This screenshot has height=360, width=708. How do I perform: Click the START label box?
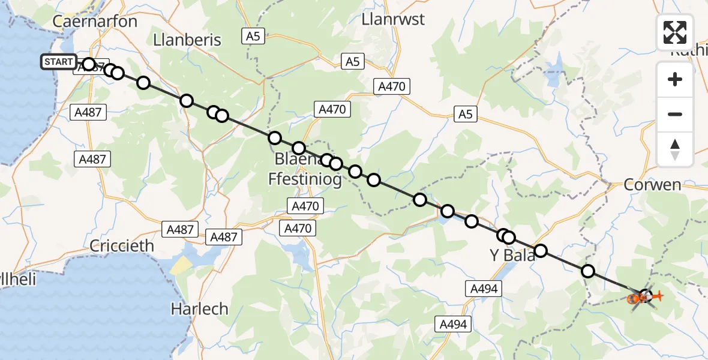(x=59, y=62)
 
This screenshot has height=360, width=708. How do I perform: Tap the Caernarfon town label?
(x=95, y=22)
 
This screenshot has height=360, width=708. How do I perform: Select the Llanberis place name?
(x=187, y=40)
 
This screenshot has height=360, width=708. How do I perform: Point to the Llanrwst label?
(x=393, y=19)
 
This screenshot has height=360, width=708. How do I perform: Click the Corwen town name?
(x=652, y=184)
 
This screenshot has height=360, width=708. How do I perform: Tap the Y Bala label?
(x=512, y=255)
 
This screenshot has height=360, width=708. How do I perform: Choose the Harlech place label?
(x=199, y=309)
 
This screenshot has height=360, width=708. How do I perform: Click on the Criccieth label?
(x=122, y=246)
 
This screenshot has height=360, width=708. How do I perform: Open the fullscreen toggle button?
(x=675, y=32)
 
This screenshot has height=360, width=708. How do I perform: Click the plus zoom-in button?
(x=675, y=79)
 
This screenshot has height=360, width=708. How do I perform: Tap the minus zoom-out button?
(x=675, y=114)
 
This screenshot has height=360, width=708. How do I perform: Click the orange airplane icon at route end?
(x=658, y=296)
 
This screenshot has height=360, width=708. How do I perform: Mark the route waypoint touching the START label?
(x=89, y=64)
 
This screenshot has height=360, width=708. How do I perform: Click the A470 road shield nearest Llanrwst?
(x=392, y=86)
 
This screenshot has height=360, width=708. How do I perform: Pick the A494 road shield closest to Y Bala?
(x=483, y=289)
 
